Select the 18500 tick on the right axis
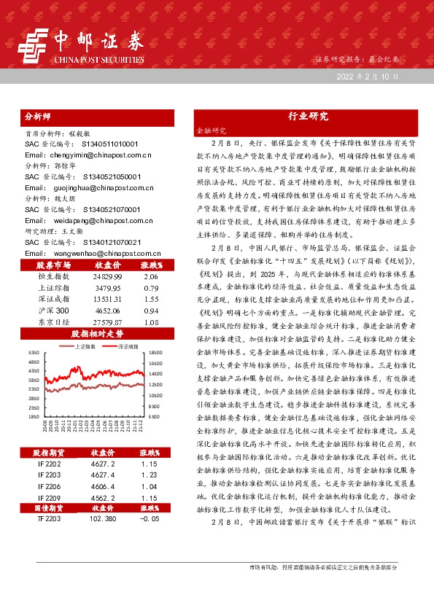tap(157, 352)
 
